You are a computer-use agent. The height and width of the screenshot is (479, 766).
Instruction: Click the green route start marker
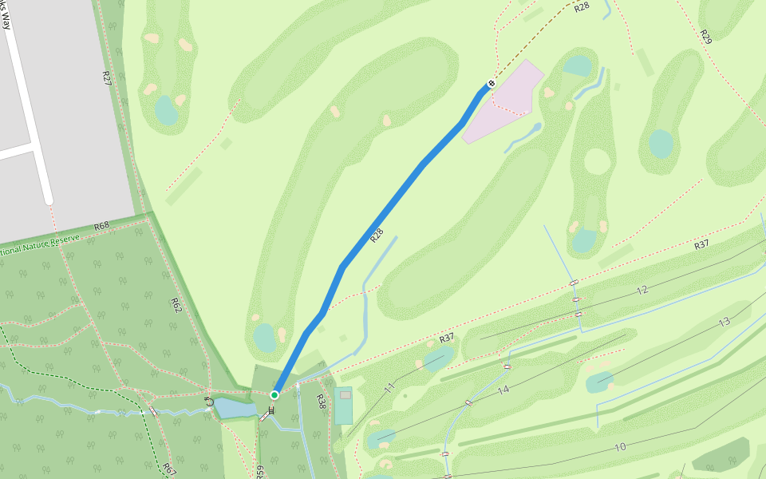pyautogui.click(x=274, y=395)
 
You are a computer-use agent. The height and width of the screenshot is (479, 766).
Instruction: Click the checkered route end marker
pyautogui.click(x=492, y=83)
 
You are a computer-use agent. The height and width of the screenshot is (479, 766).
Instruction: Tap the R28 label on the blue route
pyautogui.click(x=377, y=236)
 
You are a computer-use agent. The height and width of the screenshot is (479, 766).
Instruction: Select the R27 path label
pyautogui.click(x=106, y=77)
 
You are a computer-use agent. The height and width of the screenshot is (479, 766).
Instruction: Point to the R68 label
pyautogui.click(x=101, y=226)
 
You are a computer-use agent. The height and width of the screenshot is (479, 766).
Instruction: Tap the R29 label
pyautogui.click(x=705, y=37)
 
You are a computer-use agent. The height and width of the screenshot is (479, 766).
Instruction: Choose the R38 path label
pyautogui.click(x=321, y=402)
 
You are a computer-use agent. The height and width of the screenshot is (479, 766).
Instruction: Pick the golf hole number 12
pyautogui.click(x=642, y=291)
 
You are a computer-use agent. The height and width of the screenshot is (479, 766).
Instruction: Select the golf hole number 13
pyautogui.click(x=724, y=323)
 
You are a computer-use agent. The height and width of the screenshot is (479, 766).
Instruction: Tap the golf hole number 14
pyautogui.click(x=503, y=390)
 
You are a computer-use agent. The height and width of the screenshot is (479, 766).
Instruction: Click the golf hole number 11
pyautogui.click(x=389, y=389)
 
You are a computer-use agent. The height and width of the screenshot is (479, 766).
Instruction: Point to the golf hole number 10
pyautogui.click(x=620, y=447)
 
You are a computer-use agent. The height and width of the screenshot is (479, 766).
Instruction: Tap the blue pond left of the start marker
pyautogui.click(x=235, y=409)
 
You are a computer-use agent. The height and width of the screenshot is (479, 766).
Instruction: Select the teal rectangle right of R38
pyautogui.click(x=344, y=406)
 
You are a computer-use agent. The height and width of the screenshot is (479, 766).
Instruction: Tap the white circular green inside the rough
pyautogui.click(x=597, y=161)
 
